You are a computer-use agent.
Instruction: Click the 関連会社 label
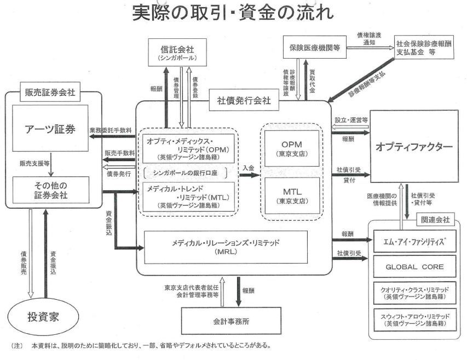click(436, 219)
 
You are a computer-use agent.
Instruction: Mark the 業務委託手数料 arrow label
click(109, 130)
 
